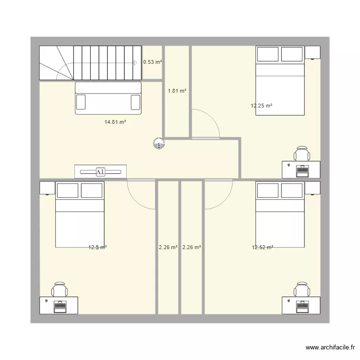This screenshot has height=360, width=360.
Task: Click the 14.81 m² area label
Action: click(x=115, y=122)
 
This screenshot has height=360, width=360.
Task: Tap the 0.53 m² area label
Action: click(x=153, y=62)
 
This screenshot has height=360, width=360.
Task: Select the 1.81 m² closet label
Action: click(x=177, y=91)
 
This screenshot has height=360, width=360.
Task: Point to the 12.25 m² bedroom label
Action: click(x=262, y=106)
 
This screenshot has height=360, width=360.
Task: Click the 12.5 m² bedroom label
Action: click(x=97, y=248)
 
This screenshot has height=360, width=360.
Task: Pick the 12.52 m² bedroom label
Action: click(x=263, y=248)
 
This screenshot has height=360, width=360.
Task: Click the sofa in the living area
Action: click(x=108, y=98)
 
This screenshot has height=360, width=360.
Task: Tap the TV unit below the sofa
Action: click(x=101, y=171)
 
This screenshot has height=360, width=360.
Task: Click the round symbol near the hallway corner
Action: click(x=158, y=143)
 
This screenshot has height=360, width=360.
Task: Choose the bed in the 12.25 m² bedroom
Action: click(x=280, y=81)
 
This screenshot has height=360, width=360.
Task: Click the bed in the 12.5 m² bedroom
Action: click(x=80, y=215)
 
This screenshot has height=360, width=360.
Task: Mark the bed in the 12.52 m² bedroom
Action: click(x=280, y=215)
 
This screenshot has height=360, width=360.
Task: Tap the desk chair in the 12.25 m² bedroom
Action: click(x=302, y=154)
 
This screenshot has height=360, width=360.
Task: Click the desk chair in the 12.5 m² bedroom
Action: click(x=60, y=289)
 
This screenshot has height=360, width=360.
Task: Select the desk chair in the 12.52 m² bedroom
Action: click(x=302, y=289)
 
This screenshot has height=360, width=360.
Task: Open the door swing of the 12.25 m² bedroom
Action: click(x=205, y=124)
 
